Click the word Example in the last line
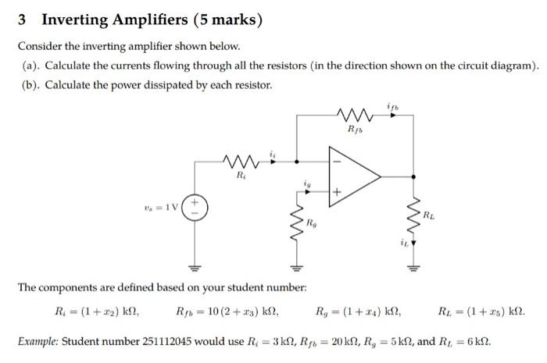[x=38, y=342]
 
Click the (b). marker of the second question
[x=32, y=84]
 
